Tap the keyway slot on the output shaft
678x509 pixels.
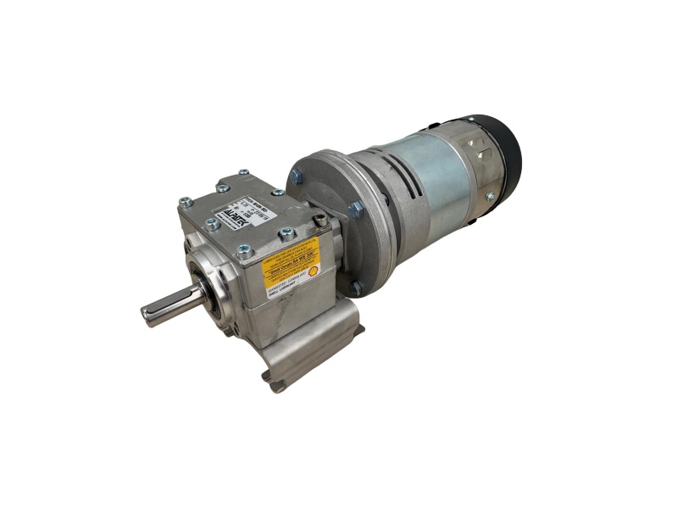(174, 303)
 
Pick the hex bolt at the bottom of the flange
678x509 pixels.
(357, 288)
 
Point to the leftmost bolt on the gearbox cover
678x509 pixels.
(185, 202)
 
